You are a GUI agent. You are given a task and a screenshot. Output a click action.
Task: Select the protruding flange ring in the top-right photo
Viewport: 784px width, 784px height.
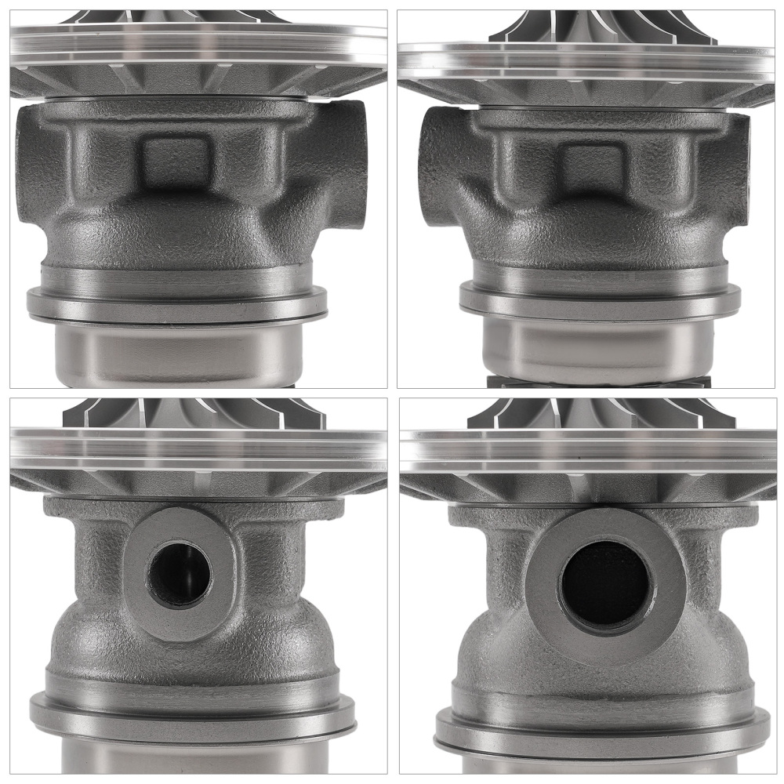tap(600, 301)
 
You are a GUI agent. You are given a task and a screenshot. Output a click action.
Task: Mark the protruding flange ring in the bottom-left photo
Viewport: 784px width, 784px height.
tap(193, 714)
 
